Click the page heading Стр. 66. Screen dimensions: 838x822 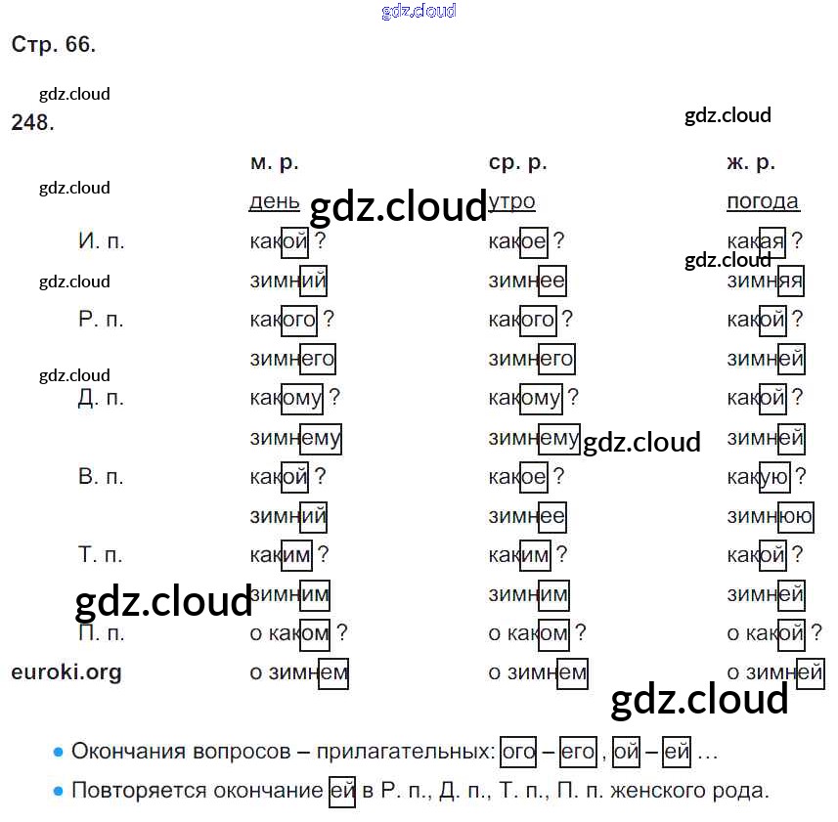(x=54, y=45)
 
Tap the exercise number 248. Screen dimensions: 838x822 (x=33, y=123)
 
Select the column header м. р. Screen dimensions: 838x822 (x=274, y=163)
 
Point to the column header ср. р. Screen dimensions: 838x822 (x=517, y=163)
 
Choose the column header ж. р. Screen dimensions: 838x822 (x=751, y=163)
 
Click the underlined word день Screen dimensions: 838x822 (x=275, y=202)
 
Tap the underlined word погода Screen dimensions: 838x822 (x=763, y=202)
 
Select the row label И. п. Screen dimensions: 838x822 (x=102, y=241)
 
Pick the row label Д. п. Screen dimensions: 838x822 (x=102, y=398)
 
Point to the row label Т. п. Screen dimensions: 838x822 (x=101, y=555)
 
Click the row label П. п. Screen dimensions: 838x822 (x=102, y=633)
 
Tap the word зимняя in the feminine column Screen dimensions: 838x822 (x=765, y=281)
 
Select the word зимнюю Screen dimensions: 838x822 (x=770, y=516)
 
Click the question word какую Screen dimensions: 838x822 (x=758, y=477)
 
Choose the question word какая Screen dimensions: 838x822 (x=756, y=241)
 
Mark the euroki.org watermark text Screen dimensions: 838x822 (x=66, y=672)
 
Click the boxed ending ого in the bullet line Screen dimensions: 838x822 (x=518, y=753)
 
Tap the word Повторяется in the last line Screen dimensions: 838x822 (x=136, y=791)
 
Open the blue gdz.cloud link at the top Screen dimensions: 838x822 (x=419, y=12)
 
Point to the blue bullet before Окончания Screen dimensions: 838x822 (x=58, y=753)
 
